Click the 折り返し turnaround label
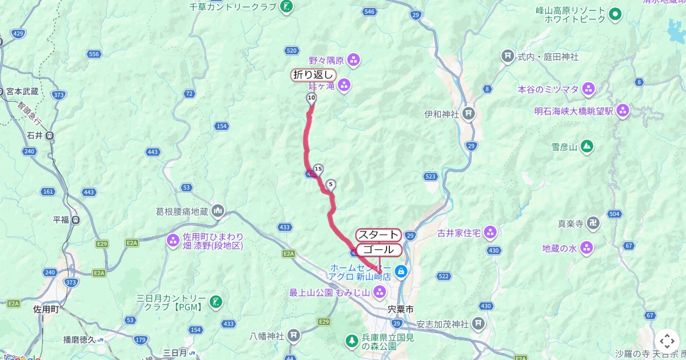click(313, 75)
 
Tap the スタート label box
click(378, 235)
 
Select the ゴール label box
click(378, 250)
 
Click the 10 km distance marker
click(311, 98)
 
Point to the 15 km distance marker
click(318, 169)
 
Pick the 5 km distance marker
click(330, 185)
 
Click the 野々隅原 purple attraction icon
click(354, 59)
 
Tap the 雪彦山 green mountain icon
click(587, 146)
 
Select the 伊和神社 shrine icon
click(469, 113)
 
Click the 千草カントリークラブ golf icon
click(287, 7)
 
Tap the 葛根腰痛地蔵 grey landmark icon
click(218, 211)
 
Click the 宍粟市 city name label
click(400, 309)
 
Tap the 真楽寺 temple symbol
click(595, 223)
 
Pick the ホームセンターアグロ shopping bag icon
click(402, 271)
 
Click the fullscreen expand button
click(667, 341)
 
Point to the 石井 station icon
click(50, 135)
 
